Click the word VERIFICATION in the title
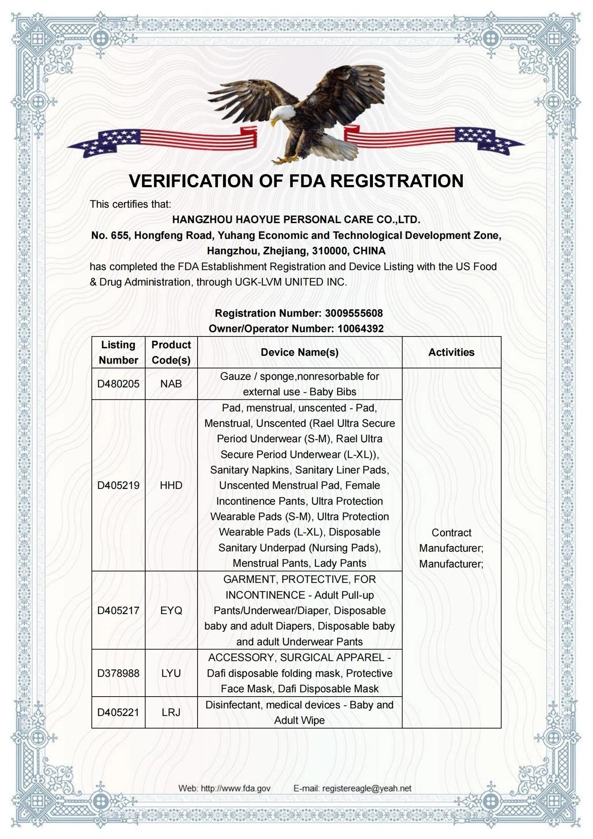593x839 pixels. pos(191,181)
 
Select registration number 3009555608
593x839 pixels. pos(354,313)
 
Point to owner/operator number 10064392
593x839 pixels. pos(360,329)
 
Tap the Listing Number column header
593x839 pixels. pos(118,352)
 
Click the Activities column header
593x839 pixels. pos(451,352)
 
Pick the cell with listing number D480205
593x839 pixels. pos(118,384)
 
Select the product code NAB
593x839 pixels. pos(171,384)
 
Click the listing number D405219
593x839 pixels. pos(118,485)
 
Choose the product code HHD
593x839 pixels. pos(171,485)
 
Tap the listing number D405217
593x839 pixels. pos(118,611)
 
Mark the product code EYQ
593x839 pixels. pos(171,611)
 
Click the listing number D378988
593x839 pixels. pos(118,673)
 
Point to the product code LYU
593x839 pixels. pos(171,673)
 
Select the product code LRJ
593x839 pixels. pos(171,712)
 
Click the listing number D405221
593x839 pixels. pos(118,712)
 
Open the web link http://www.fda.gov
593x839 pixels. pos(235,788)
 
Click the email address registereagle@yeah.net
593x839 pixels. pos(367,788)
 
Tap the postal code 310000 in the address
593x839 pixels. pos(329,251)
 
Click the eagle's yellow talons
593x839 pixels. pos(285,159)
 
